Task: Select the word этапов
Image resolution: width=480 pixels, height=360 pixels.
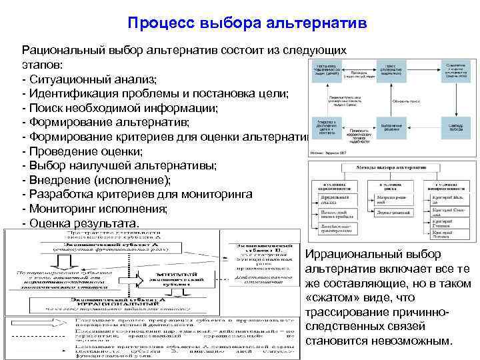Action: [x=41, y=65]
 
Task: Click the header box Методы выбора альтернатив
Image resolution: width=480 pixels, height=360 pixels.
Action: [x=390, y=167]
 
